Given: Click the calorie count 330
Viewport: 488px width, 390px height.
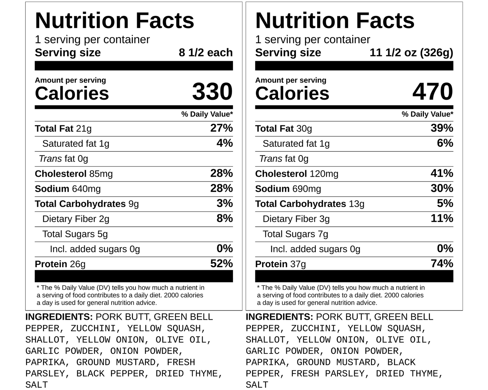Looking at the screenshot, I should (x=212, y=92).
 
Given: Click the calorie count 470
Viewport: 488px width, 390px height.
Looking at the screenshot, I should (x=433, y=92).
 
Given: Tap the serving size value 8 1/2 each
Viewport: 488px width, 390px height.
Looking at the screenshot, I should (x=205, y=53).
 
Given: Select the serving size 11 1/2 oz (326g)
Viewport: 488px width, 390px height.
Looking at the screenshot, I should (x=411, y=53).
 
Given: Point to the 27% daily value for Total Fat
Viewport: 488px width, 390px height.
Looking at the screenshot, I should (x=221, y=128).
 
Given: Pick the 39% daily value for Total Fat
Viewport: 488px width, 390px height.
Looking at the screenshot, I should (x=442, y=128).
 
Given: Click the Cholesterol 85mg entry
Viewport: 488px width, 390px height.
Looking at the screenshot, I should (x=74, y=174).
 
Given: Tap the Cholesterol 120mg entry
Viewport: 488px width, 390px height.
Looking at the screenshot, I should (x=297, y=174).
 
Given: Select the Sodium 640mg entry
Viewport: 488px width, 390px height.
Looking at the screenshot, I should (x=68, y=189).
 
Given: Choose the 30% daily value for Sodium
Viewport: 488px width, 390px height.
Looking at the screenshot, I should (x=442, y=188).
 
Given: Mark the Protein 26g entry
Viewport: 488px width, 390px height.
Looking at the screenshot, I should (x=60, y=264).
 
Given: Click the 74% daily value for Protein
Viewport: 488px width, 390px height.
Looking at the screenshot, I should (x=442, y=263).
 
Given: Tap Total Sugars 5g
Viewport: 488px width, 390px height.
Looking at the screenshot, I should (x=75, y=234).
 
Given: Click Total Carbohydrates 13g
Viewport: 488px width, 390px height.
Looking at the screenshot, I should (x=309, y=204).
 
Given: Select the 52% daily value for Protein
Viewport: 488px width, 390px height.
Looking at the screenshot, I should (x=221, y=263).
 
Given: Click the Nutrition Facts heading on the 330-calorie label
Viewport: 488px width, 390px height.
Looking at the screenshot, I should (x=114, y=21).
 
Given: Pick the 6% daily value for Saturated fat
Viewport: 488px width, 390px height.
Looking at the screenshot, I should (x=445, y=143).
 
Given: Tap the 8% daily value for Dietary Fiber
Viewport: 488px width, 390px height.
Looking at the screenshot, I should (x=225, y=218).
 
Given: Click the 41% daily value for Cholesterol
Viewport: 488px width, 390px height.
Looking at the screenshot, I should (x=442, y=173).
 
